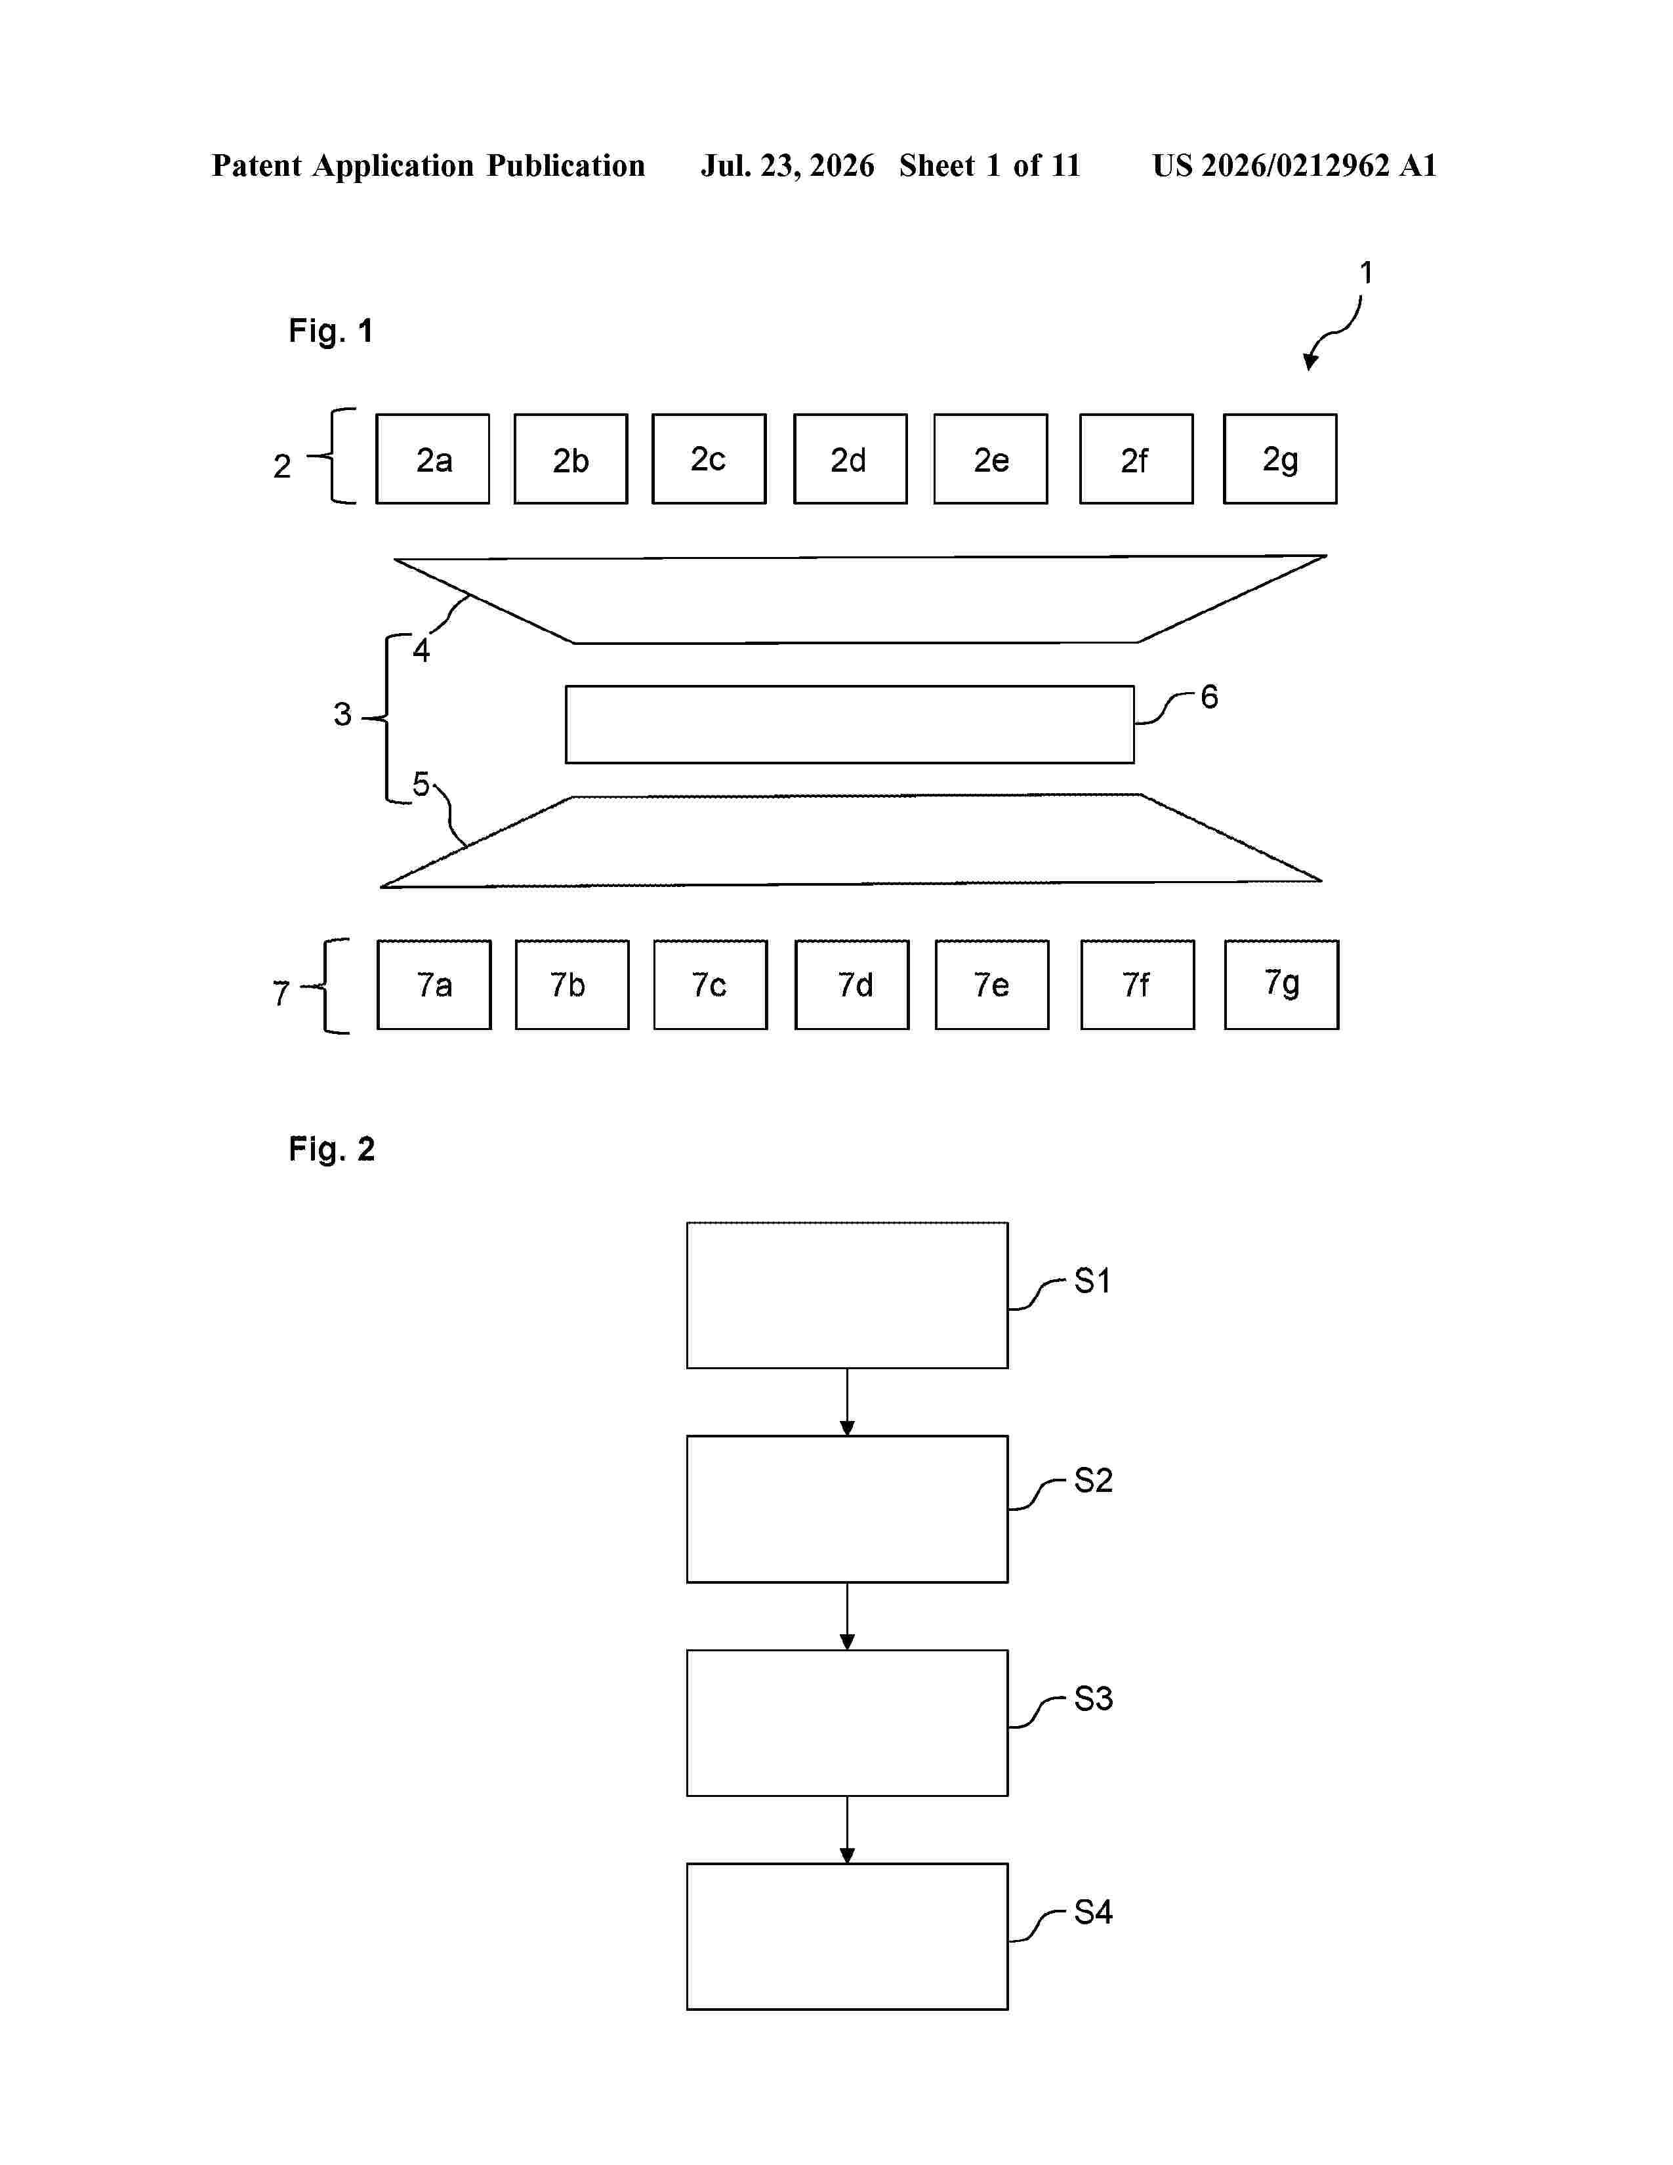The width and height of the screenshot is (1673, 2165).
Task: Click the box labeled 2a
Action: pos(432,459)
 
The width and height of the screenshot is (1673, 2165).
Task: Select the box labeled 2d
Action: pos(850,459)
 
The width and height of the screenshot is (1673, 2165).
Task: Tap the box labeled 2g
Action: pos(1279,459)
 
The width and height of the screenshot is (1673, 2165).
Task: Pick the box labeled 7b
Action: pos(572,984)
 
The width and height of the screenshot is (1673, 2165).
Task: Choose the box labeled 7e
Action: pos(992,984)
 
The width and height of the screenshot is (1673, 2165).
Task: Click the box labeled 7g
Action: pos(1281,984)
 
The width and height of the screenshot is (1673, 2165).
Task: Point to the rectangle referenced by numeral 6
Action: pos(850,725)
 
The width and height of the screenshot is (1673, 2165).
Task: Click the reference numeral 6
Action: pos(1209,697)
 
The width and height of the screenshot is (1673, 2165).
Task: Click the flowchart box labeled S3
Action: pos(848,1723)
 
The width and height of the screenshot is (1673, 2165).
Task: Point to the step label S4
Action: pos(1093,1912)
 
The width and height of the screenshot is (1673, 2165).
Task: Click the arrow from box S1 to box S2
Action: pos(848,1403)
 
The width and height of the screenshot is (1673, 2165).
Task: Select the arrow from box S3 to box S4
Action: pos(848,1830)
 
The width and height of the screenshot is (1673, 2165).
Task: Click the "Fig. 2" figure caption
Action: pos(332,1149)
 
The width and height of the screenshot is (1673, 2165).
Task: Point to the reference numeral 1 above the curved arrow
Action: pos(1366,273)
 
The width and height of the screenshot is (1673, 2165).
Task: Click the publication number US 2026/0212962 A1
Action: pos(1294,165)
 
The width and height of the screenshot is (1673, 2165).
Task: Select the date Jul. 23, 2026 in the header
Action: pos(788,165)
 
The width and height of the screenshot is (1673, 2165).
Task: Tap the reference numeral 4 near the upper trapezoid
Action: pos(421,650)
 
